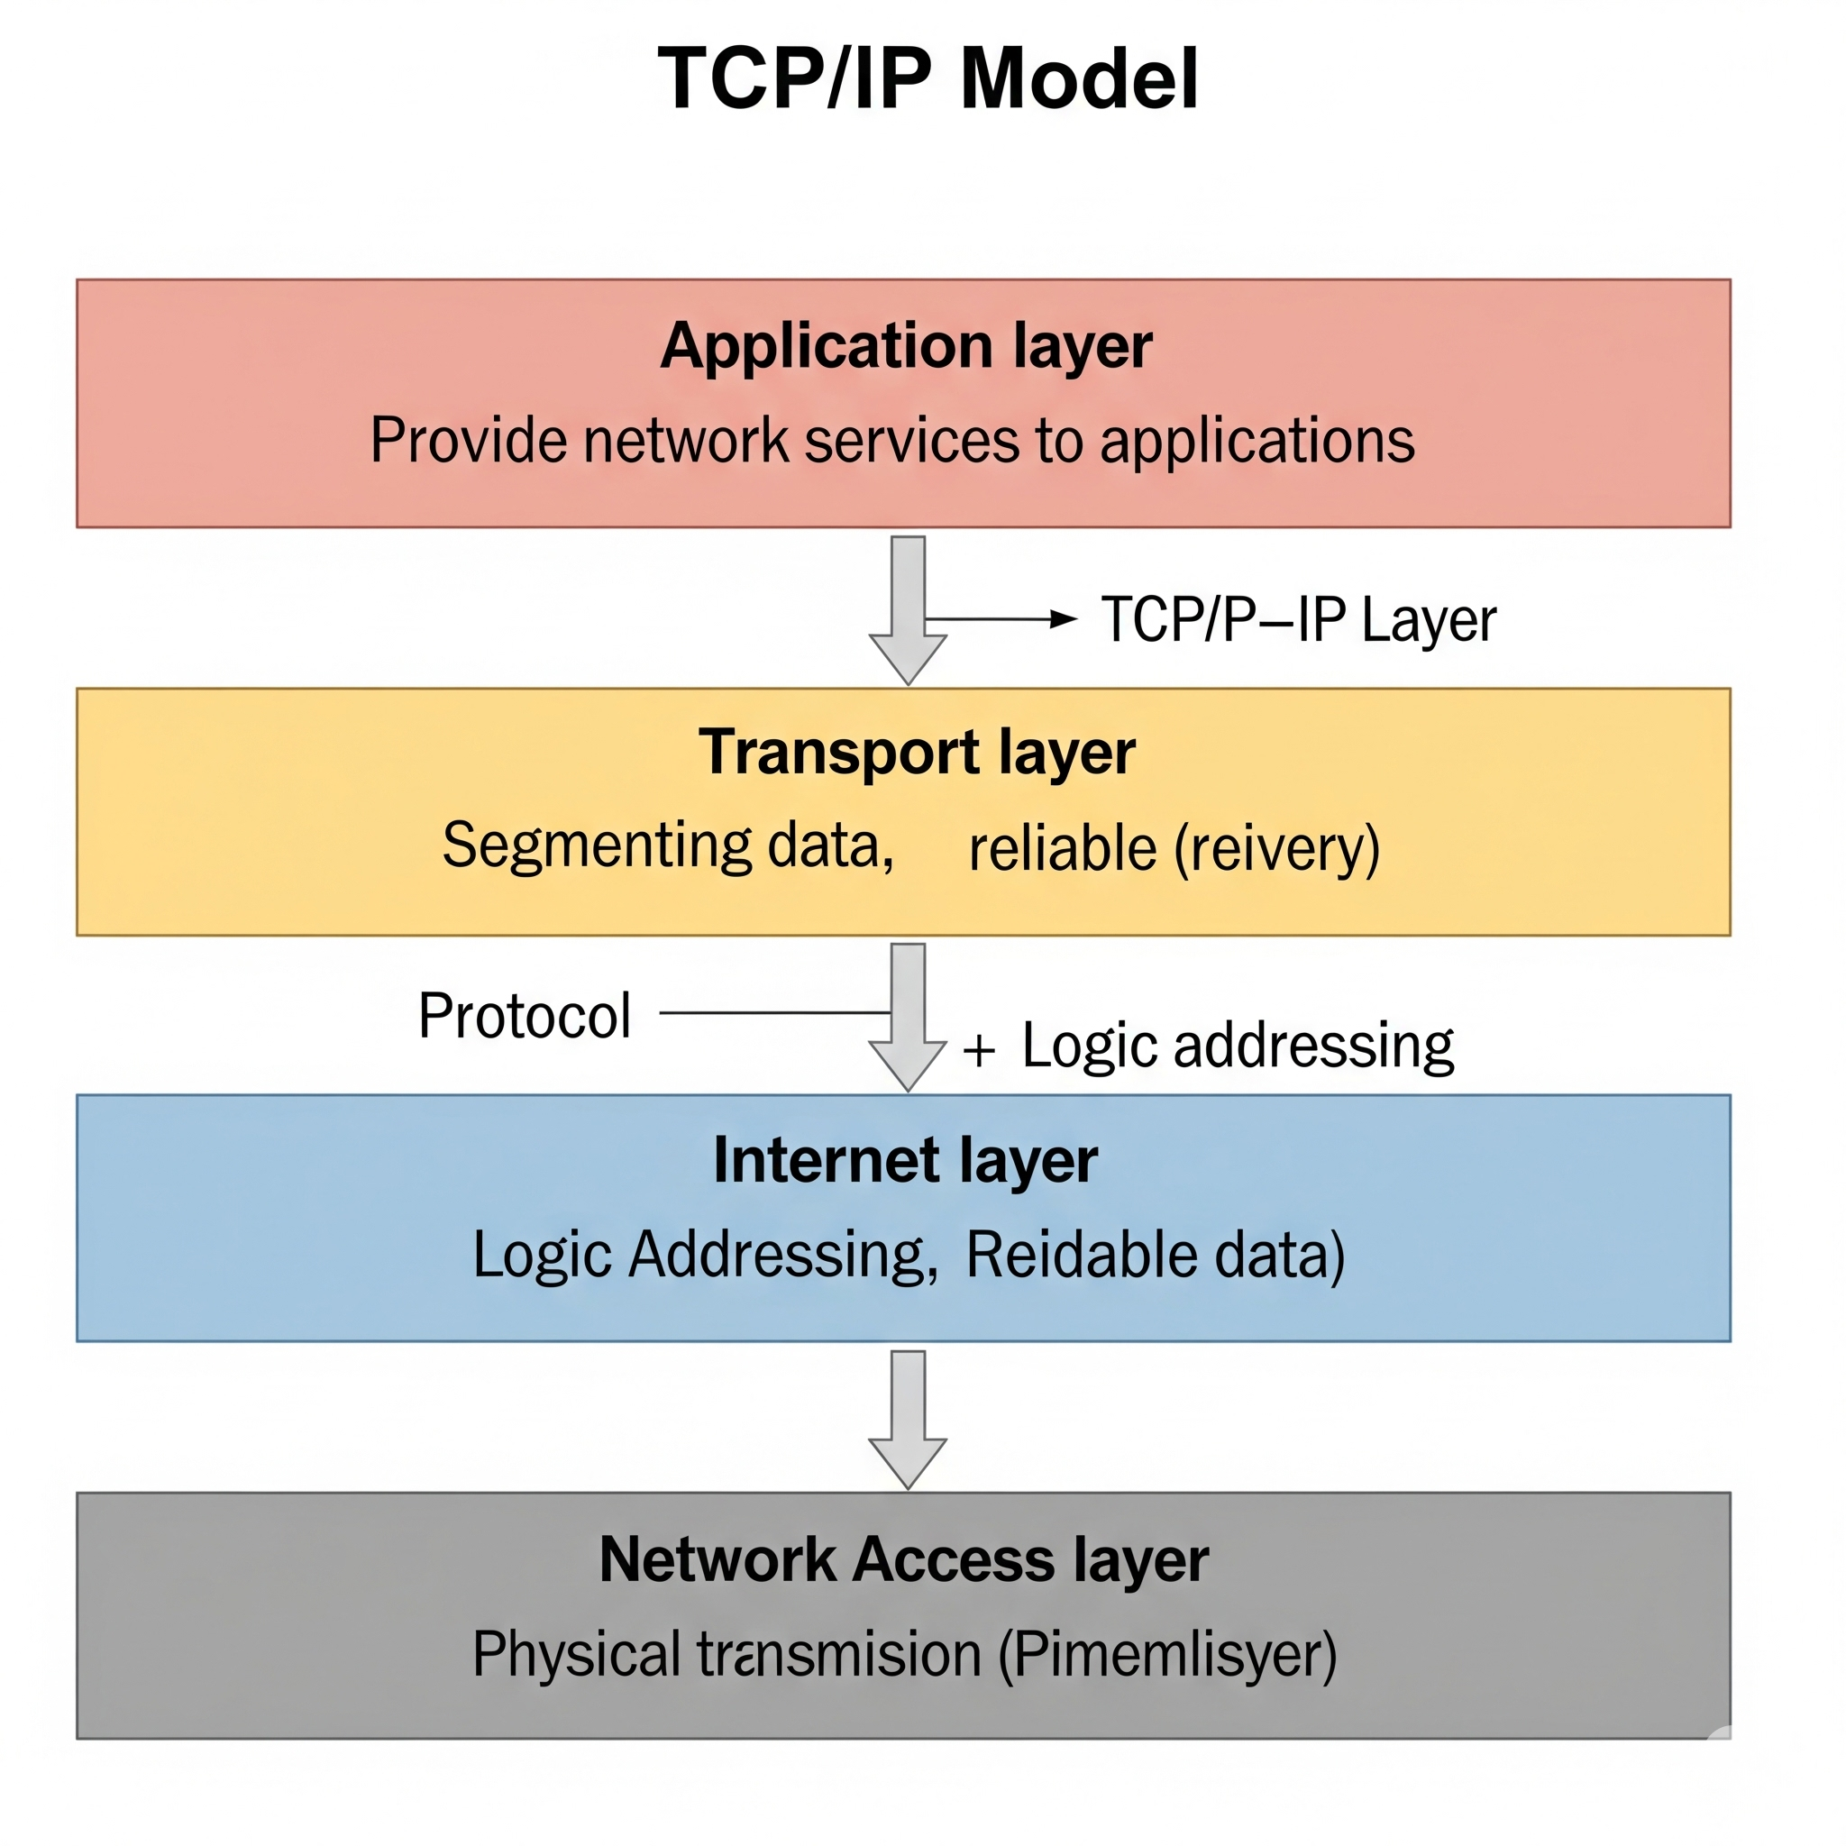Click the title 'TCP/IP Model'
(928, 78)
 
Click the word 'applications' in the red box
(1257, 441)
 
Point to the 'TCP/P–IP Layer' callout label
(1298, 620)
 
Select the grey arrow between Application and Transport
(908, 608)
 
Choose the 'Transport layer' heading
(917, 752)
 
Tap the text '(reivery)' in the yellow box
(1276, 848)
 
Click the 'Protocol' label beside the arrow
(525, 1015)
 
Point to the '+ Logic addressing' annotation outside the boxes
(1209, 1046)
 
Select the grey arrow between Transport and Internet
(908, 1017)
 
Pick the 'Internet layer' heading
(905, 1160)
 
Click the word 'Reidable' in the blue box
(1080, 1255)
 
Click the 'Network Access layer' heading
(904, 1559)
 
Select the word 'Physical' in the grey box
(575, 1654)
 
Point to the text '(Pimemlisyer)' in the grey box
(1166, 1654)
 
